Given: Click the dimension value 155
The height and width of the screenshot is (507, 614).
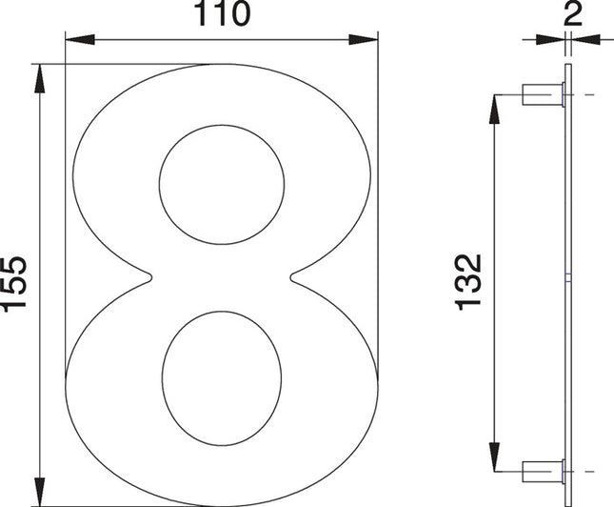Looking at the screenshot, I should pyautogui.click(x=14, y=284).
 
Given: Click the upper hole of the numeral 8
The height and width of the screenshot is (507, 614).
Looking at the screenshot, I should pyautogui.click(x=222, y=186).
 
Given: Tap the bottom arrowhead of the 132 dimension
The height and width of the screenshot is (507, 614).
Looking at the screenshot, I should pyautogui.click(x=495, y=456).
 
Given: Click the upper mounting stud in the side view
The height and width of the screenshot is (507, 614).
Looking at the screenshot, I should pyautogui.click(x=543, y=94).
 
